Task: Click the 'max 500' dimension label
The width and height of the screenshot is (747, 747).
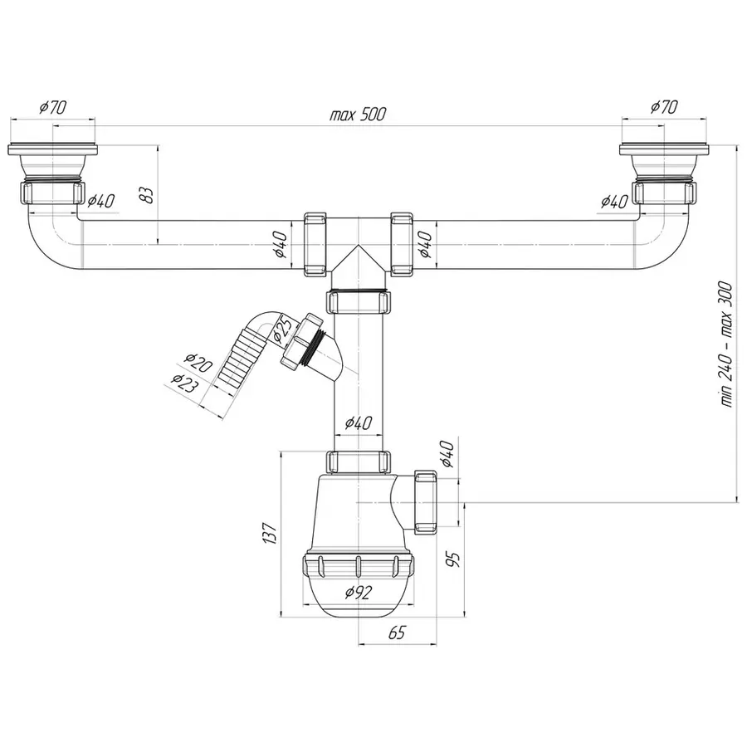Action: coord(358,115)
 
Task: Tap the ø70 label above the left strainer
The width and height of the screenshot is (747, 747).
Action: coord(53,107)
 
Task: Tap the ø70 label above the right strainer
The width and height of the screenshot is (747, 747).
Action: coord(664,107)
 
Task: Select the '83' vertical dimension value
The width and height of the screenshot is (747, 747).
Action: coord(145,195)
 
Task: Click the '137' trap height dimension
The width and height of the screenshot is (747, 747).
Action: coord(268,534)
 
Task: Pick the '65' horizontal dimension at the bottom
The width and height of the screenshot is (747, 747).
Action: coord(396,633)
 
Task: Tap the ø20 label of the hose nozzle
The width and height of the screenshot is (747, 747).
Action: coord(198,365)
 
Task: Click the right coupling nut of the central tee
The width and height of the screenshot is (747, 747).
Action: coord(403,244)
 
